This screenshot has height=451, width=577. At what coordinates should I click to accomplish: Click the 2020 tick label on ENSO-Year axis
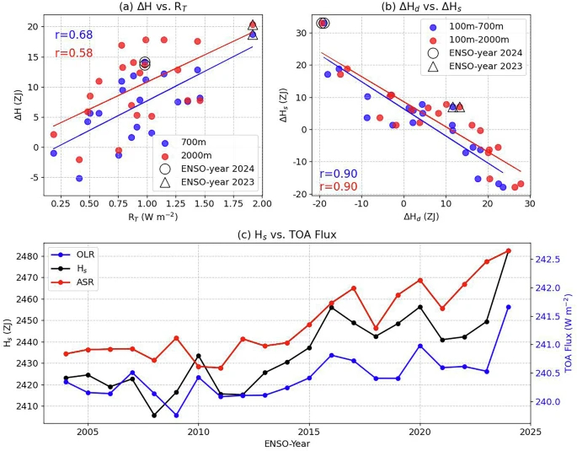point(420,432)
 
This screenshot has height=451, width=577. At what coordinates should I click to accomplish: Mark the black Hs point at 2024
point(509,250)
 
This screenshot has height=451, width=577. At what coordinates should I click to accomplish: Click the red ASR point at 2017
point(354,287)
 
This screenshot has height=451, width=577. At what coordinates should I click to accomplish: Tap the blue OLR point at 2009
point(176,415)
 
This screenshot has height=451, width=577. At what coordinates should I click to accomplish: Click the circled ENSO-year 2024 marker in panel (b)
point(323,23)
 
